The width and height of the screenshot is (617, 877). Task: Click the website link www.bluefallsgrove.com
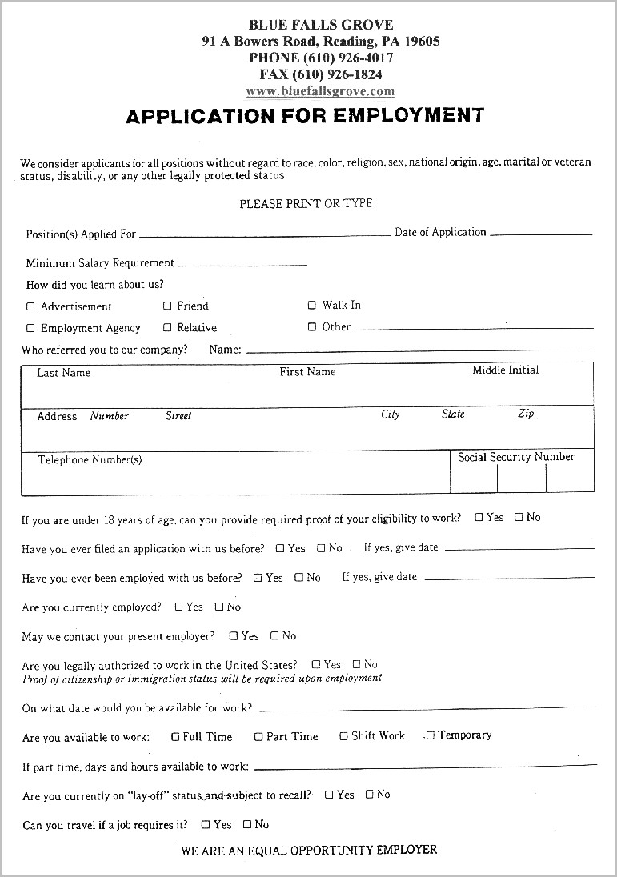(320, 91)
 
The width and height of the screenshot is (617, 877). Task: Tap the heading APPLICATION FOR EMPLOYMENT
(305, 116)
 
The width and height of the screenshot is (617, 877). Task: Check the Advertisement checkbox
(31, 306)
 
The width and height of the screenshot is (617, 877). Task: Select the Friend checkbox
(167, 306)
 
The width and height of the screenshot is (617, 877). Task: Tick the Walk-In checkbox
(312, 305)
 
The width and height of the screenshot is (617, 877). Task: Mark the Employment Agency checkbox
(31, 328)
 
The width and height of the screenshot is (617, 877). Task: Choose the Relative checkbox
(167, 327)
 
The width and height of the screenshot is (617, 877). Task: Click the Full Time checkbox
(175, 737)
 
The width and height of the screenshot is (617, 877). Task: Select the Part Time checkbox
(258, 737)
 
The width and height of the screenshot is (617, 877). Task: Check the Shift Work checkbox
(343, 736)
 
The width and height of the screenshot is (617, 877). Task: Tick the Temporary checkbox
(430, 735)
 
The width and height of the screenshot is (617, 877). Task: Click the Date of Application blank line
(541, 234)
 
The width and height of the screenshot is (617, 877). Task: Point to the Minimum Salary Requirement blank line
(242, 264)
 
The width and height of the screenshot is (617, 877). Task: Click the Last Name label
(64, 373)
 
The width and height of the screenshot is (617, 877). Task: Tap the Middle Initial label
(505, 370)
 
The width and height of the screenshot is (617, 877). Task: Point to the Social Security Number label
(516, 457)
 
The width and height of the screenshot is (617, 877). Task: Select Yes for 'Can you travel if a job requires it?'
(206, 824)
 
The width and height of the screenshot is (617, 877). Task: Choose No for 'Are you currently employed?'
(219, 607)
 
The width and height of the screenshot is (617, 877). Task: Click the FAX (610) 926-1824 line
(320, 74)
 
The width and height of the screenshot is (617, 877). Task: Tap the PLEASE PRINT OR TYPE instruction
(306, 204)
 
